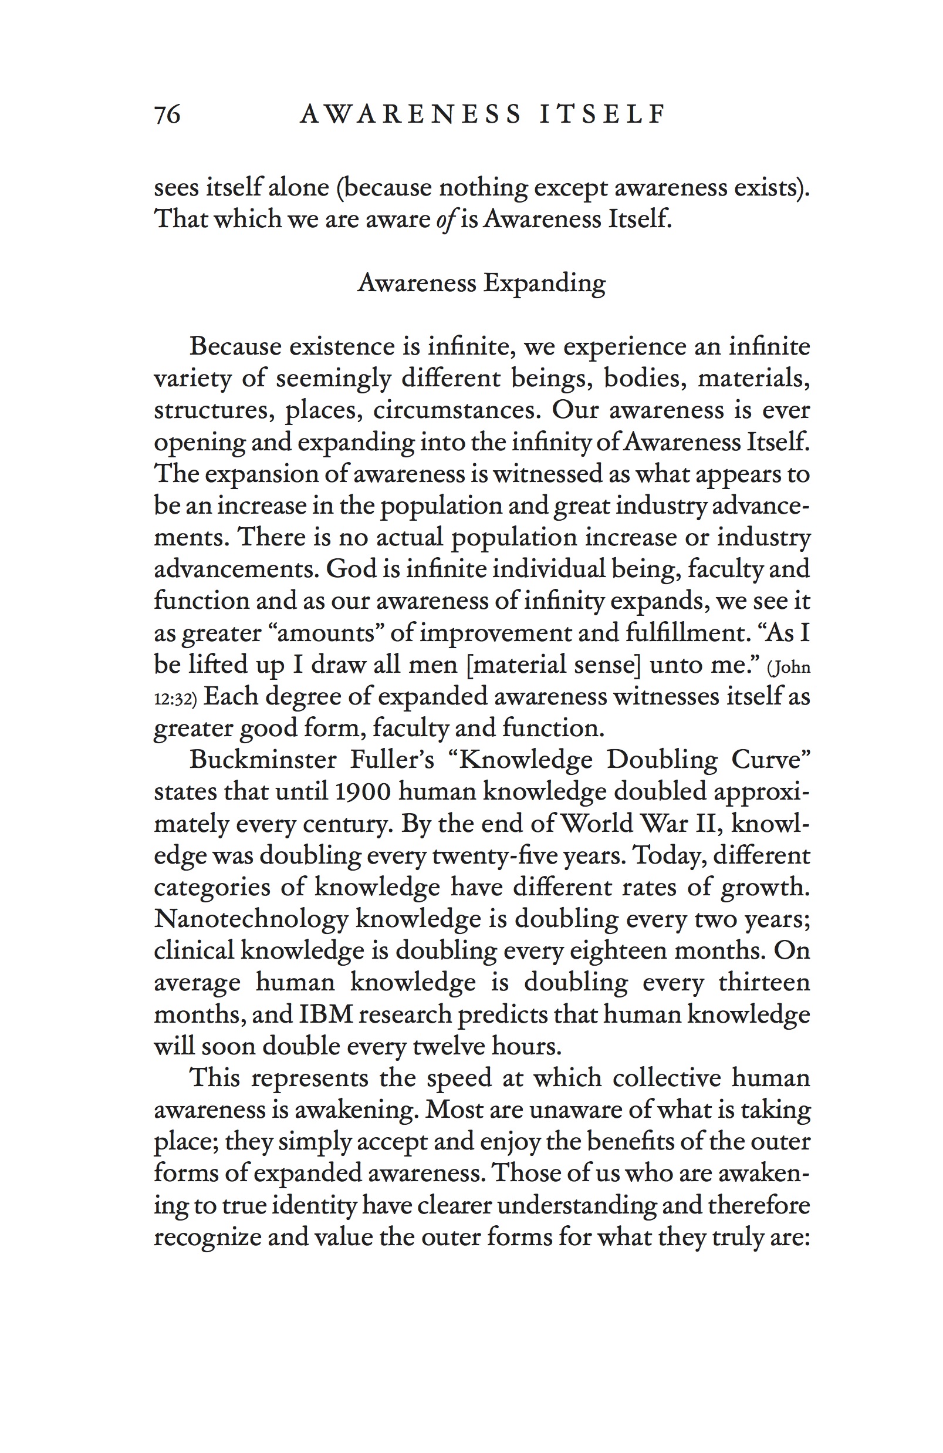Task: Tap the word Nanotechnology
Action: coord(251,919)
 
